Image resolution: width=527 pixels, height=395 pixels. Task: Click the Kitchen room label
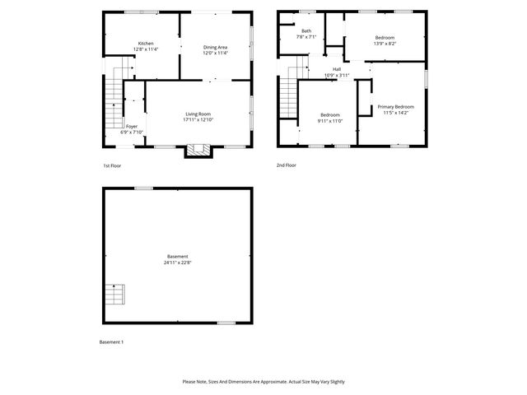[x=146, y=43]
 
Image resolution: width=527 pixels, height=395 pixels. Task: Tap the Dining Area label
[x=215, y=47]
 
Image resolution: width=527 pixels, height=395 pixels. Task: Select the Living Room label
[x=198, y=114]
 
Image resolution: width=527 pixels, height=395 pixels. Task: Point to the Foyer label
[x=132, y=126]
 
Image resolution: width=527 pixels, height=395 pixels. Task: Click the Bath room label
[x=306, y=30]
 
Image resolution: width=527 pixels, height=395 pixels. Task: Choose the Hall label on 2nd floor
[x=337, y=69]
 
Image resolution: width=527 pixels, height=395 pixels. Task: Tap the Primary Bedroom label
[x=395, y=107]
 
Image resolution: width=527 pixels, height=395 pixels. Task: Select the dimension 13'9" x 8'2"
[x=385, y=44]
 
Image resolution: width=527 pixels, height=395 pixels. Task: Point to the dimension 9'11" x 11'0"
[x=330, y=120]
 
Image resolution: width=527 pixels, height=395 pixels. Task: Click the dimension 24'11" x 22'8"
[x=177, y=263]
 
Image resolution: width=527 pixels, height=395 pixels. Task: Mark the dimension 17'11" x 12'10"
[x=198, y=120]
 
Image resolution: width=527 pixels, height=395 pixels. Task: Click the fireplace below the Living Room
[x=195, y=150]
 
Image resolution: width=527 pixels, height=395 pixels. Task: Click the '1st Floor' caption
[x=112, y=165]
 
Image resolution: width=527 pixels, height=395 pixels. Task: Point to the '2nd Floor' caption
[x=287, y=165]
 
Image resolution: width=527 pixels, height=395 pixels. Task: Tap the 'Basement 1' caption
[x=111, y=342]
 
